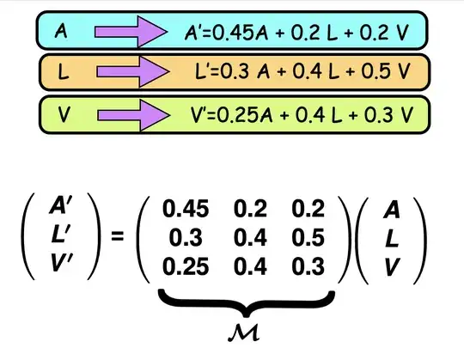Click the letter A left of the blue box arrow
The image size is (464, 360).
pos(60,32)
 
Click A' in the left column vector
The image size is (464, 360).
pos(62,207)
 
